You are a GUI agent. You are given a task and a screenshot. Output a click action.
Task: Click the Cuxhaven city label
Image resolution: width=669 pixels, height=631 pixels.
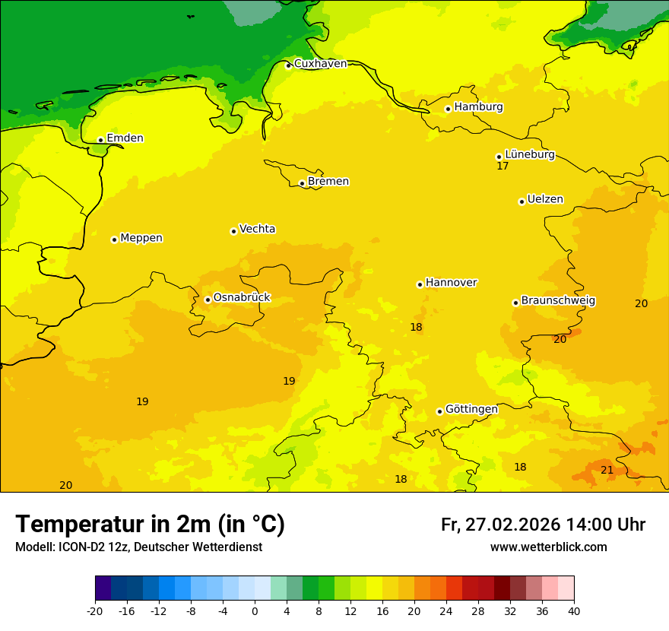coord(320,64)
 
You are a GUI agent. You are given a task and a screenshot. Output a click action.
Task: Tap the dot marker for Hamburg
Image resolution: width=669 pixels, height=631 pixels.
coord(449,109)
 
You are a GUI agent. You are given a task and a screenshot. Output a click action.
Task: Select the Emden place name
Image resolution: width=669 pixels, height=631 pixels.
coord(125,138)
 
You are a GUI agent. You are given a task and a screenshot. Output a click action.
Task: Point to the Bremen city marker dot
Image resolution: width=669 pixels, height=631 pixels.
coord(302,183)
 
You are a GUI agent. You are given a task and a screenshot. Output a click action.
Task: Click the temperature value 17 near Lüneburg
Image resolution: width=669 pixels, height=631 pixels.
coord(503,166)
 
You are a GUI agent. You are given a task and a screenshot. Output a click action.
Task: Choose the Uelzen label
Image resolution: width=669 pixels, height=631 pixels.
coord(545,200)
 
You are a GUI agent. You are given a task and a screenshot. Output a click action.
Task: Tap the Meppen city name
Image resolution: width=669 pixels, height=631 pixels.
coord(141,238)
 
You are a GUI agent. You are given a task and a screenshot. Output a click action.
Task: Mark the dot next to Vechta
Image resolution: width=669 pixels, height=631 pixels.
coord(233,231)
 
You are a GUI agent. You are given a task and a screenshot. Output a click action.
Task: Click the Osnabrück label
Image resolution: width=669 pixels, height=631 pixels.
coord(242,298)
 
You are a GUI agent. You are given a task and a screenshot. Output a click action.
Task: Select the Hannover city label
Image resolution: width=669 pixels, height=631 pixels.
coord(451,283)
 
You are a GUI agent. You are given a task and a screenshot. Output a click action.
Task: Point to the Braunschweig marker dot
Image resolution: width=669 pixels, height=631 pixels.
coord(515,303)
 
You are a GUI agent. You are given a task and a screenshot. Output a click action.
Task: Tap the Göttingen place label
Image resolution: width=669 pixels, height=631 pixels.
coord(471,409)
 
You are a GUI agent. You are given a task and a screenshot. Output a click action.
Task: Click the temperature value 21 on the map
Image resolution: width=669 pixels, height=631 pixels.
coord(607,470)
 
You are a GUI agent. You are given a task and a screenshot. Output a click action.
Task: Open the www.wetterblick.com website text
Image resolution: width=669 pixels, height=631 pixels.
coord(548,547)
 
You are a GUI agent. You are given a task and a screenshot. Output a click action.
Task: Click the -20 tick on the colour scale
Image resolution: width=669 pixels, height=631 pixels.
coord(94,610)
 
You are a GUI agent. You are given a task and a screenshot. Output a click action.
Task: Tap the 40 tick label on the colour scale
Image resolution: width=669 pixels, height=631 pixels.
coord(574,610)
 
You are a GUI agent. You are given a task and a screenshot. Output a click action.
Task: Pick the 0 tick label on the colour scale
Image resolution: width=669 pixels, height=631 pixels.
coord(255,610)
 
